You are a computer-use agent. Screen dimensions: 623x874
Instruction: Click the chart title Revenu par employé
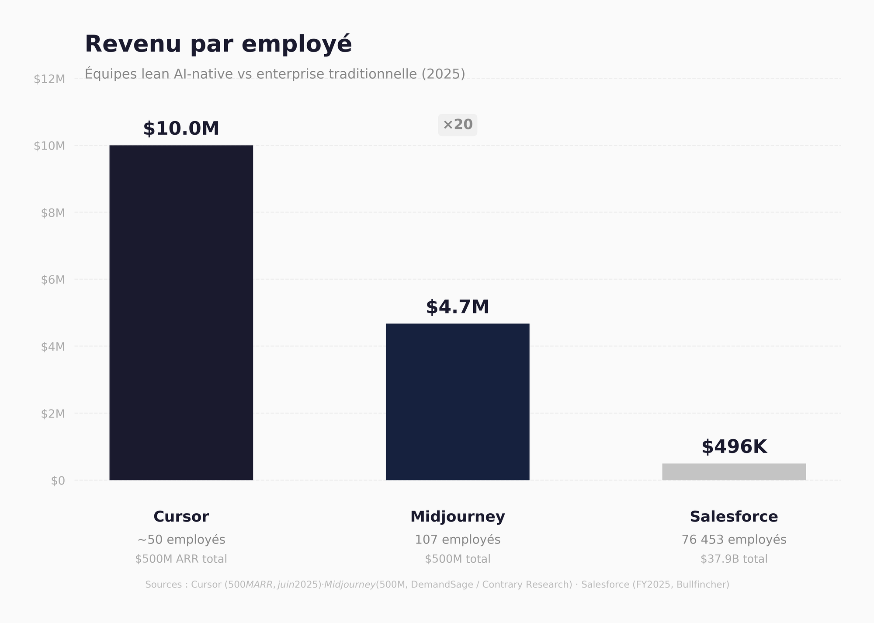click(218, 44)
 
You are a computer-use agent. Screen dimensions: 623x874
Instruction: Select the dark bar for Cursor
click(181, 313)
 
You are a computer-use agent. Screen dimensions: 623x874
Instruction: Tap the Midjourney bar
click(458, 402)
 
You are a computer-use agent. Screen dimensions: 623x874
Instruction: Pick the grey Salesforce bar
click(734, 472)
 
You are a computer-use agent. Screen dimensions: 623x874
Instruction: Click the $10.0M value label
click(181, 129)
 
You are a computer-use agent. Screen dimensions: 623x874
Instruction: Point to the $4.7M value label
click(458, 307)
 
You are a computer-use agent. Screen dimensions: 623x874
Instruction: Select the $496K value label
click(734, 447)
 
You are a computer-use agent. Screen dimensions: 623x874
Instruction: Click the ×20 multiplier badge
click(458, 125)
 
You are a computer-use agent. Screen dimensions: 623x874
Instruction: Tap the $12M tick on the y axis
click(49, 79)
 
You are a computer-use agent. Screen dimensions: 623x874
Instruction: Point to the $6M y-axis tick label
click(53, 280)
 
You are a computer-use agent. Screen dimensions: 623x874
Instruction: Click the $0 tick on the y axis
click(58, 481)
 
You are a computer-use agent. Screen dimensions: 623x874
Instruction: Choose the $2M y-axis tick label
click(53, 414)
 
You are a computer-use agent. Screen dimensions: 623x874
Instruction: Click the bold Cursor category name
click(181, 517)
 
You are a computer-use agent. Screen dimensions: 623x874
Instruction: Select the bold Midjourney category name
click(458, 517)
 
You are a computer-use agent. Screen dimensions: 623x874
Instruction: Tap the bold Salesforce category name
click(734, 517)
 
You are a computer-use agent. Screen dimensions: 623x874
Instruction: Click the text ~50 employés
click(181, 540)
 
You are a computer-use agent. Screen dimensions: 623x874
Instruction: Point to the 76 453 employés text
click(734, 540)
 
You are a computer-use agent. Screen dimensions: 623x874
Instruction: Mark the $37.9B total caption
click(734, 559)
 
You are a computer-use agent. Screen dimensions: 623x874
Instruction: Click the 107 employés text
click(458, 540)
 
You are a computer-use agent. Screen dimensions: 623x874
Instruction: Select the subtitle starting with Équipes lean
click(274, 74)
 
